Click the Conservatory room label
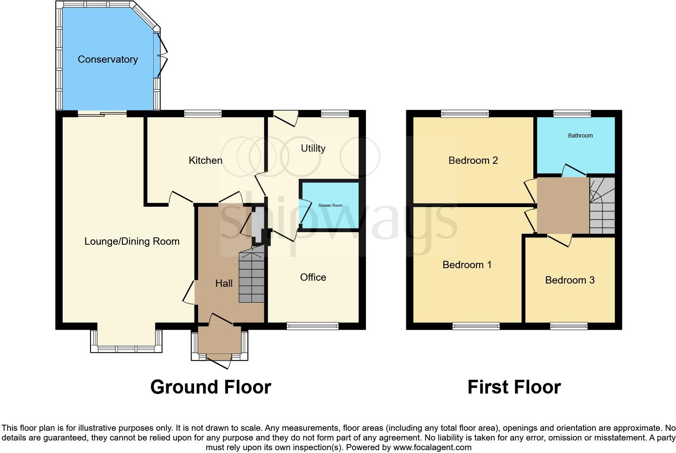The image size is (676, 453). click(108, 59)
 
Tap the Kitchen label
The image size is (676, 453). click(205, 161)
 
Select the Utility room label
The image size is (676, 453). click(313, 148)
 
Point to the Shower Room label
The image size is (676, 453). click(330, 205)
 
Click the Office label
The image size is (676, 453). click(313, 277)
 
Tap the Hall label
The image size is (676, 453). click(224, 284)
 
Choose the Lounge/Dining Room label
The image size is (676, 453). click(132, 241)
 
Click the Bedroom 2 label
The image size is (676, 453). click(473, 161)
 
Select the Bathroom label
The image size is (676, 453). click(580, 135)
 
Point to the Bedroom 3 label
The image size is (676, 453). click(570, 280)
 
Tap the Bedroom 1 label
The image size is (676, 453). click(467, 265)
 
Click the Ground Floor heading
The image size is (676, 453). click(211, 387)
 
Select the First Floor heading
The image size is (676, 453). click(514, 387)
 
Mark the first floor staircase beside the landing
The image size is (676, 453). click(602, 206)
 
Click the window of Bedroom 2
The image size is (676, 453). click(465, 114)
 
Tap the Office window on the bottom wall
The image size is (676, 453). click(313, 326)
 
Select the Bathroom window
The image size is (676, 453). click(572, 114)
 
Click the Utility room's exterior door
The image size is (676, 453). click(286, 117)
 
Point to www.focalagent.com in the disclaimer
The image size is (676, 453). click(432, 447)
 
